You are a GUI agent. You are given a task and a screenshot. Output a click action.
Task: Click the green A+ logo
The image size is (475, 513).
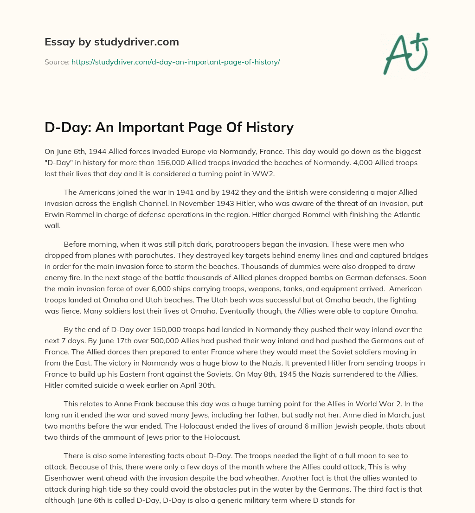(405, 54)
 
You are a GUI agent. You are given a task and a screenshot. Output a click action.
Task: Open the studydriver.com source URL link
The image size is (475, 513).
(175, 62)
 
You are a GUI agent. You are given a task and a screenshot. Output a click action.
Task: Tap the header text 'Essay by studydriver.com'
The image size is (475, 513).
(111, 42)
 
